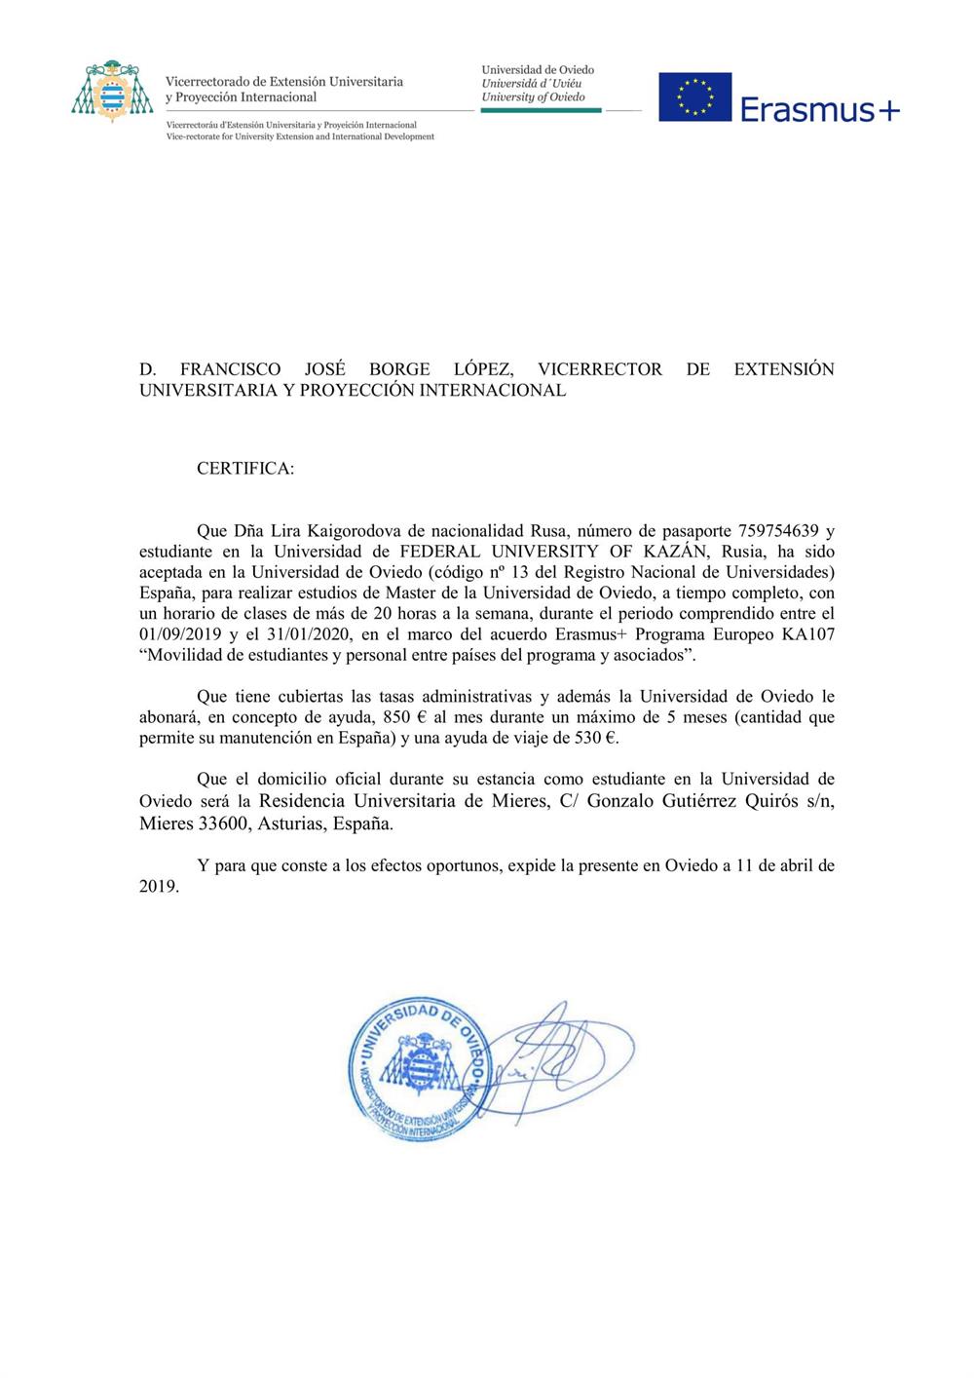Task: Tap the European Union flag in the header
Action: (x=694, y=96)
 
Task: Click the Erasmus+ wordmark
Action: (x=820, y=109)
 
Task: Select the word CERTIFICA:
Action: (x=245, y=468)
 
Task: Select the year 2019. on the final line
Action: (x=159, y=886)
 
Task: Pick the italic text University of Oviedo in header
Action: (x=533, y=97)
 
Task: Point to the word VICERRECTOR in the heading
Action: (x=600, y=369)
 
